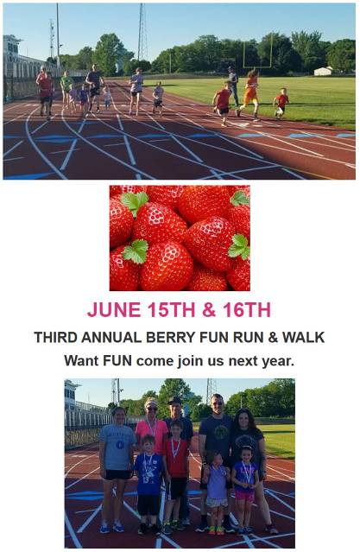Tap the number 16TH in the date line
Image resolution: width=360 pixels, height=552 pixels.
coord(247,309)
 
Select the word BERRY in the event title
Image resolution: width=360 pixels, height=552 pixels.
coord(170,337)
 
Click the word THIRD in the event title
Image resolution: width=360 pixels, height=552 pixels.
coord(55,337)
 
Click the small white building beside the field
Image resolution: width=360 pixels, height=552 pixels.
coord(323,71)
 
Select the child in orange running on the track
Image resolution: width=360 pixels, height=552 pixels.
coord(249,93)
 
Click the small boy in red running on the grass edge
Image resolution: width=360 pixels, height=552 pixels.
coord(281,103)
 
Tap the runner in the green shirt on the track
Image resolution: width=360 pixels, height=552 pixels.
coord(66,89)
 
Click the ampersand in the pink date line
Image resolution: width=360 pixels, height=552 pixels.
coord(209,309)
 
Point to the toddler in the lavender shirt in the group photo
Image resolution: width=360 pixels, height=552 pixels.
coord(216,493)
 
